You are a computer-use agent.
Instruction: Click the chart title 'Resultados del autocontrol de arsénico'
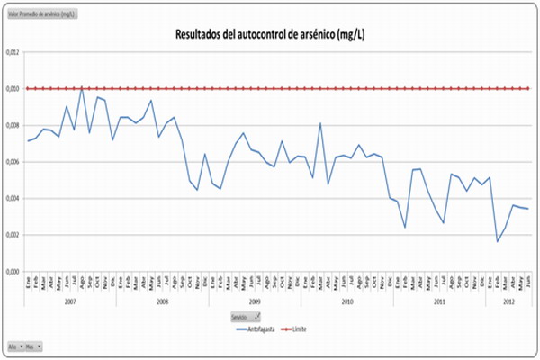point(269,35)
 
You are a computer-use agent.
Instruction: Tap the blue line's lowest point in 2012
point(498,241)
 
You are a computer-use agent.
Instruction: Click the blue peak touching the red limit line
point(82,87)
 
